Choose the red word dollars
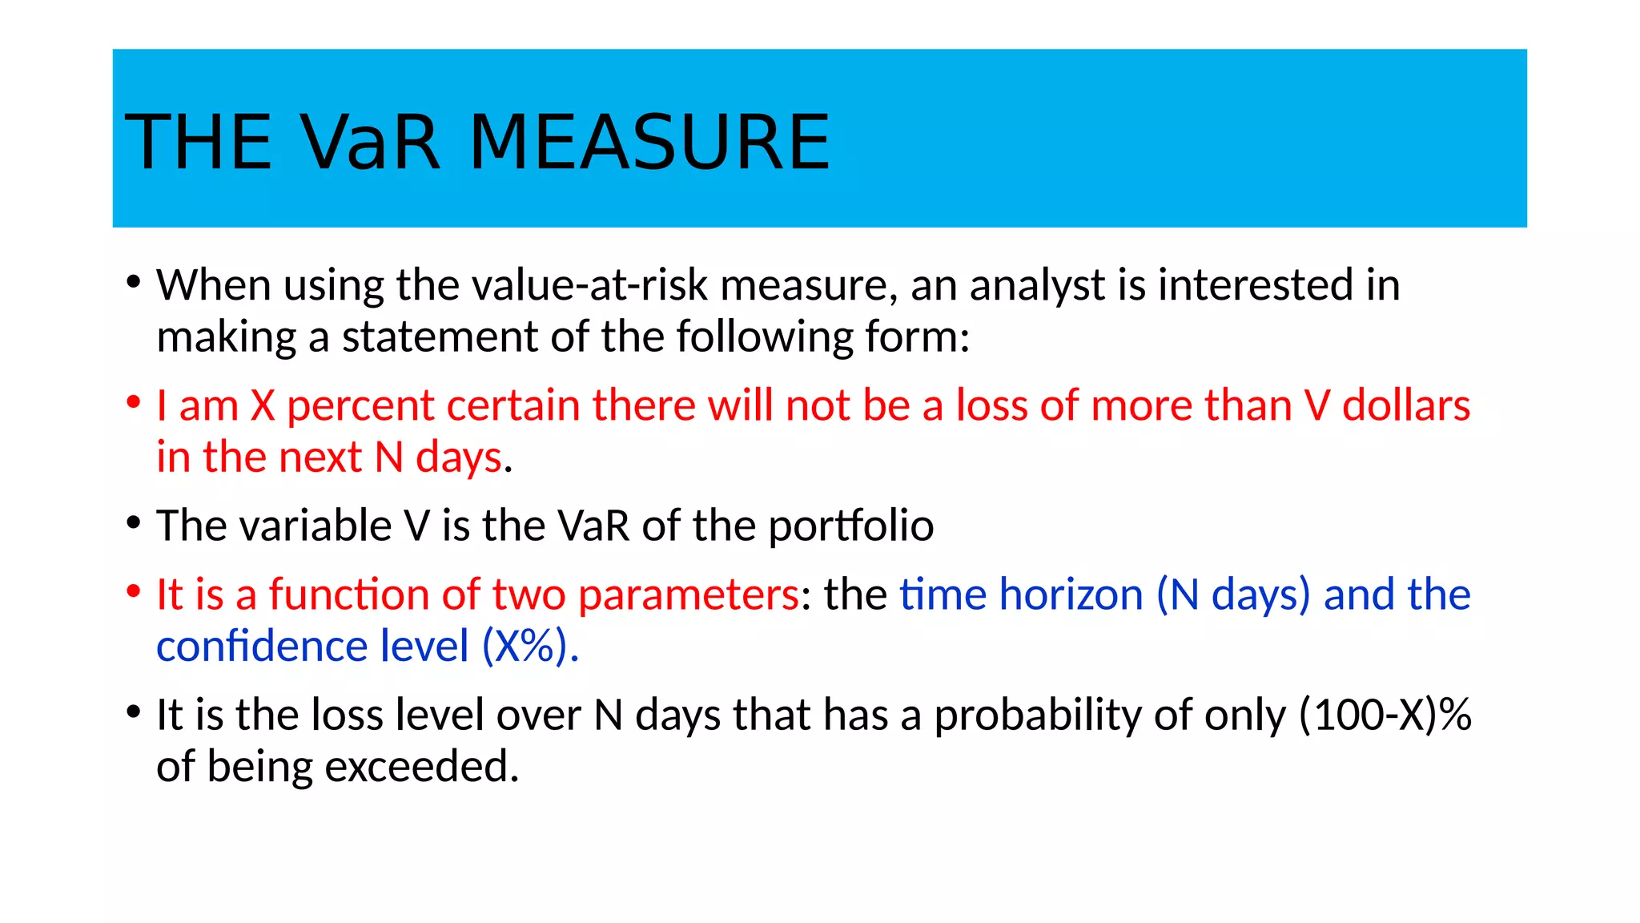[1405, 405]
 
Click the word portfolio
[850, 526]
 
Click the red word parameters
[688, 595]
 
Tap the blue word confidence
[261, 647]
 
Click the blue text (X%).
[529, 647]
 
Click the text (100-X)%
[1384, 715]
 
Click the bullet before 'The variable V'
[134, 524]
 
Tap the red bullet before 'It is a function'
[134, 593]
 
